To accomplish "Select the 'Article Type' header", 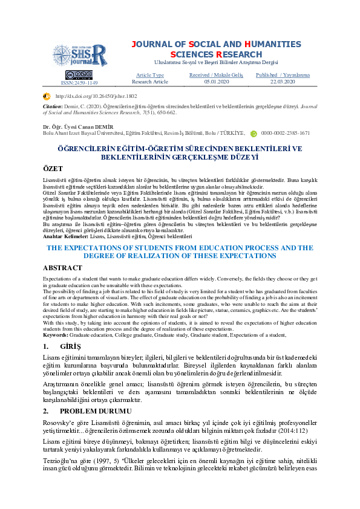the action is click(x=150, y=75).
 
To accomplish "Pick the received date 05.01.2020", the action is click(x=215, y=81).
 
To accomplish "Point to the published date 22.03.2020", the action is click(x=282, y=81).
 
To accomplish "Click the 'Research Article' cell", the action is click(x=150, y=81).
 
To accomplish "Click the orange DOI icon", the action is click(x=47, y=96).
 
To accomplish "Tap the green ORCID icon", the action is click(x=254, y=132).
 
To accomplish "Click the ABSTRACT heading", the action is click(x=62, y=268).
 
